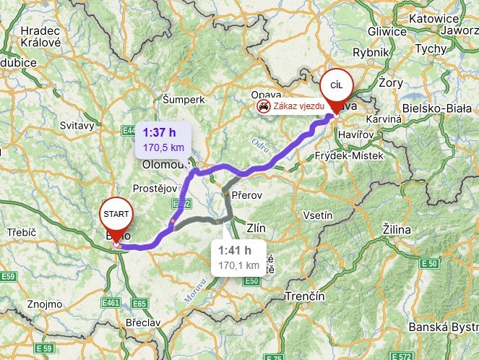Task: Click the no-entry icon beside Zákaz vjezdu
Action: tap(263, 106)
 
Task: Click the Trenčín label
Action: tap(306, 297)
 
